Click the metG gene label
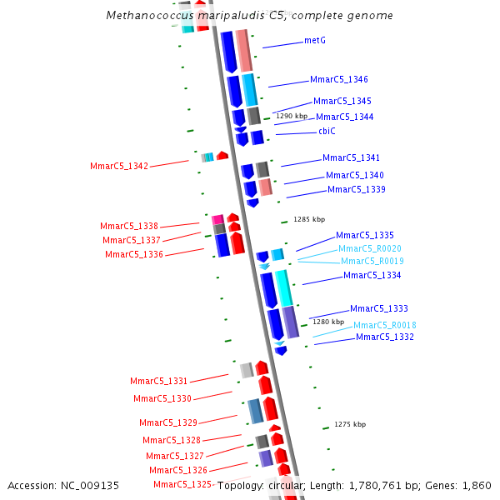[x=315, y=40]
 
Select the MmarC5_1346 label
[x=339, y=80]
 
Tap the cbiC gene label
[x=327, y=131]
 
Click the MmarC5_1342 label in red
[x=119, y=167]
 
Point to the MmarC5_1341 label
[x=351, y=157]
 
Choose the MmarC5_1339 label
[x=356, y=190]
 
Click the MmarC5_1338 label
[x=129, y=226]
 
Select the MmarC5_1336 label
[x=134, y=254]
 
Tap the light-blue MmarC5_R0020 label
[x=370, y=248]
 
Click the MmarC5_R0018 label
[x=385, y=325]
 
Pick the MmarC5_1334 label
[x=372, y=275]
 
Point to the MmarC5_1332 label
[x=385, y=337]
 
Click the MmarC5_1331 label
[x=159, y=381]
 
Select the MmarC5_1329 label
[x=168, y=422]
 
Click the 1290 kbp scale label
[x=292, y=117]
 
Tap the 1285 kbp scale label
[x=309, y=219]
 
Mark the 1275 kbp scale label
[x=350, y=424]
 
